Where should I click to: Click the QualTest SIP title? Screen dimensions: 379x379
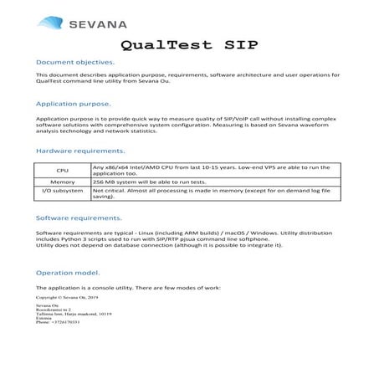coord(189,44)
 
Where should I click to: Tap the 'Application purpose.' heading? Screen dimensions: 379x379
coord(73,104)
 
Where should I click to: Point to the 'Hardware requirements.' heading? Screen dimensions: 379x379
coord(80,151)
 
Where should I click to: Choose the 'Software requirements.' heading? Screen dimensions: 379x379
coord(79,218)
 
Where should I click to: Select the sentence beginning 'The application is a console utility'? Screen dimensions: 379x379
coord(128,288)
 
